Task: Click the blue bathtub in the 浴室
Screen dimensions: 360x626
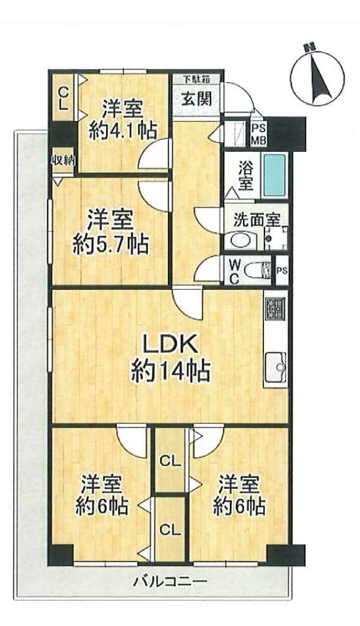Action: [274, 174]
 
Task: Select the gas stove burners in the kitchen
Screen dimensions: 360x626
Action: [275, 309]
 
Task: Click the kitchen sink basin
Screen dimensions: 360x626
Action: [276, 367]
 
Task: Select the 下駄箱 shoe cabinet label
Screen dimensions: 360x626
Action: [196, 79]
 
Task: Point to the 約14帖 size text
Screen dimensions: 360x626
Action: [170, 373]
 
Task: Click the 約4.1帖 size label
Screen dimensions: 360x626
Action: [122, 130]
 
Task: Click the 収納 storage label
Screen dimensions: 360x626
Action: [63, 161]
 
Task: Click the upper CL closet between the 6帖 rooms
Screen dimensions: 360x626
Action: [170, 462]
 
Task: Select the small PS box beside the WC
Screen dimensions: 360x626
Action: [282, 270]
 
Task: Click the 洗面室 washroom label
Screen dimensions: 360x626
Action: [256, 220]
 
